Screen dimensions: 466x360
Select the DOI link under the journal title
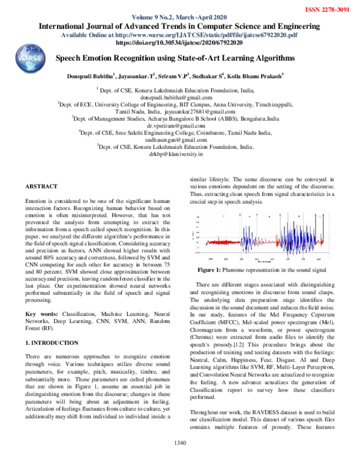point(178,44)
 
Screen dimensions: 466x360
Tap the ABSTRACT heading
point(41,186)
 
